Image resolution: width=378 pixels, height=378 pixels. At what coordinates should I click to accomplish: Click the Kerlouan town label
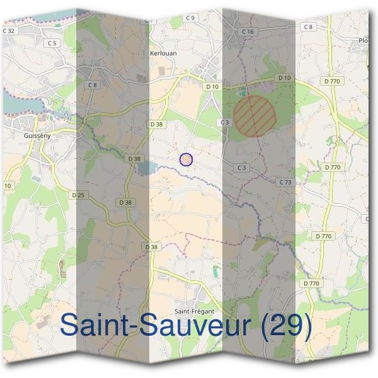coord(163,54)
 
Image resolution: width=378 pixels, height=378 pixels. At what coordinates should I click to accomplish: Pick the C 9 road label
coord(190,18)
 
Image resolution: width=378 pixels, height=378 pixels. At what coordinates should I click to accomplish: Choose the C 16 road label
coord(247,31)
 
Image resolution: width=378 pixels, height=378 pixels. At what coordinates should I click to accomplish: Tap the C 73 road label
coord(285,182)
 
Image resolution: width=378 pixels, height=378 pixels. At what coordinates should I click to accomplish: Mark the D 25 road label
coord(78,195)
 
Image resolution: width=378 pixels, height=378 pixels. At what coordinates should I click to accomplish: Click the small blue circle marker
coord(186,159)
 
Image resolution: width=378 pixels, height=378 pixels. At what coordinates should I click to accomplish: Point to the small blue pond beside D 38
coord(145,168)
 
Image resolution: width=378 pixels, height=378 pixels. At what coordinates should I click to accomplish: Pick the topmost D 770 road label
coord(331,81)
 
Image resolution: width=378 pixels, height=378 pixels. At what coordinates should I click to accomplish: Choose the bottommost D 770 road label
coord(311,283)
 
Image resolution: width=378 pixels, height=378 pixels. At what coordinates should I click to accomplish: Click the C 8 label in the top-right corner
coord(307,26)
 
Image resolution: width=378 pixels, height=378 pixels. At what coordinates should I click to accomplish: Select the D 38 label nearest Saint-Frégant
coord(152,247)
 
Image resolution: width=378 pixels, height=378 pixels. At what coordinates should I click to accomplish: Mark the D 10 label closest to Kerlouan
coord(212,86)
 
